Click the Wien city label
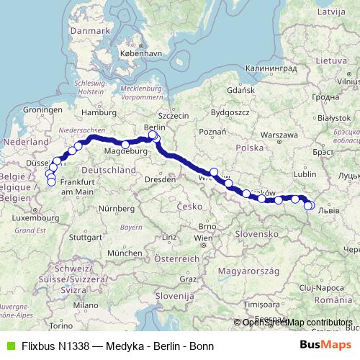coord(204,237)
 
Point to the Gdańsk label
coord(235,91)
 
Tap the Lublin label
coord(305,174)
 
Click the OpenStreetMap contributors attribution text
coord(297,322)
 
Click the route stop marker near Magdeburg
coord(126,145)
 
